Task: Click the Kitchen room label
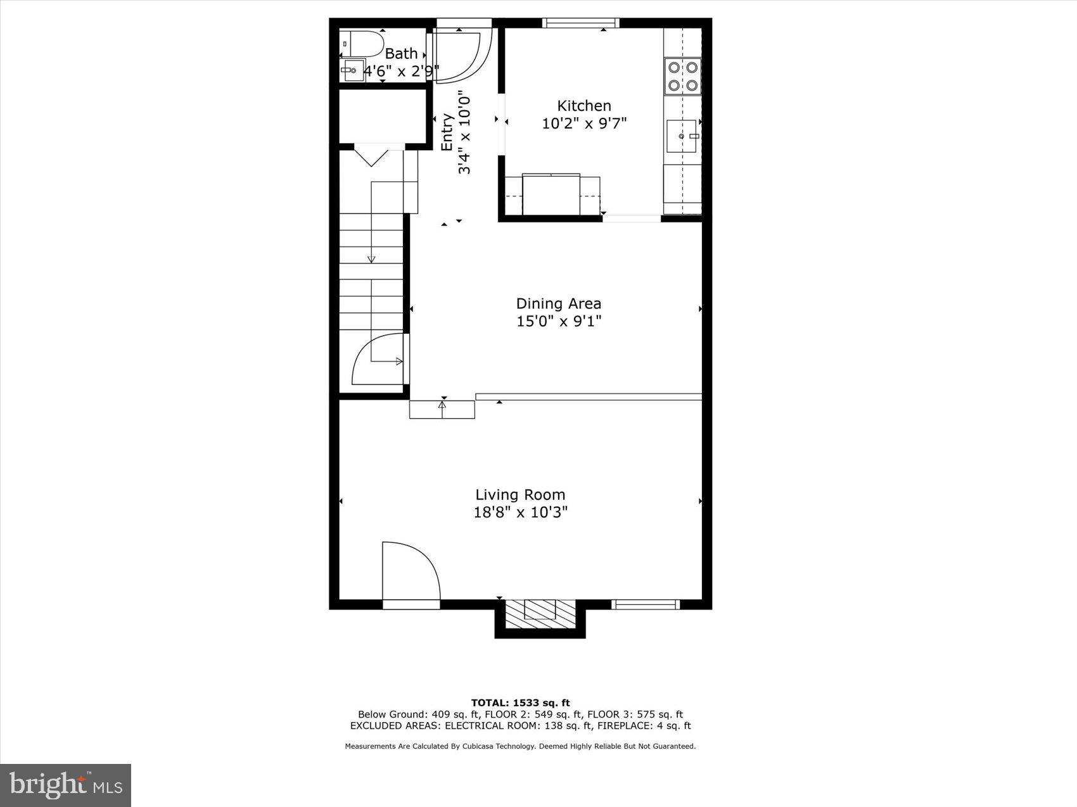(583, 106)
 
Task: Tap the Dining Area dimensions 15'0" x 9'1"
(558, 322)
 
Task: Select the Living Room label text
(520, 495)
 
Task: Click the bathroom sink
(352, 70)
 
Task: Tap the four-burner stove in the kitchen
(682, 75)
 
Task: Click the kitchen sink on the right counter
(683, 136)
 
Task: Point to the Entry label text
(447, 132)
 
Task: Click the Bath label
(401, 54)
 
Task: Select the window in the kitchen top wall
(580, 23)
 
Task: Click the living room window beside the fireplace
(645, 605)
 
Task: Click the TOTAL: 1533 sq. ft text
(520, 702)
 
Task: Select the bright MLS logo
(65, 785)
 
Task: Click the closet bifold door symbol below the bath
(371, 155)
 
